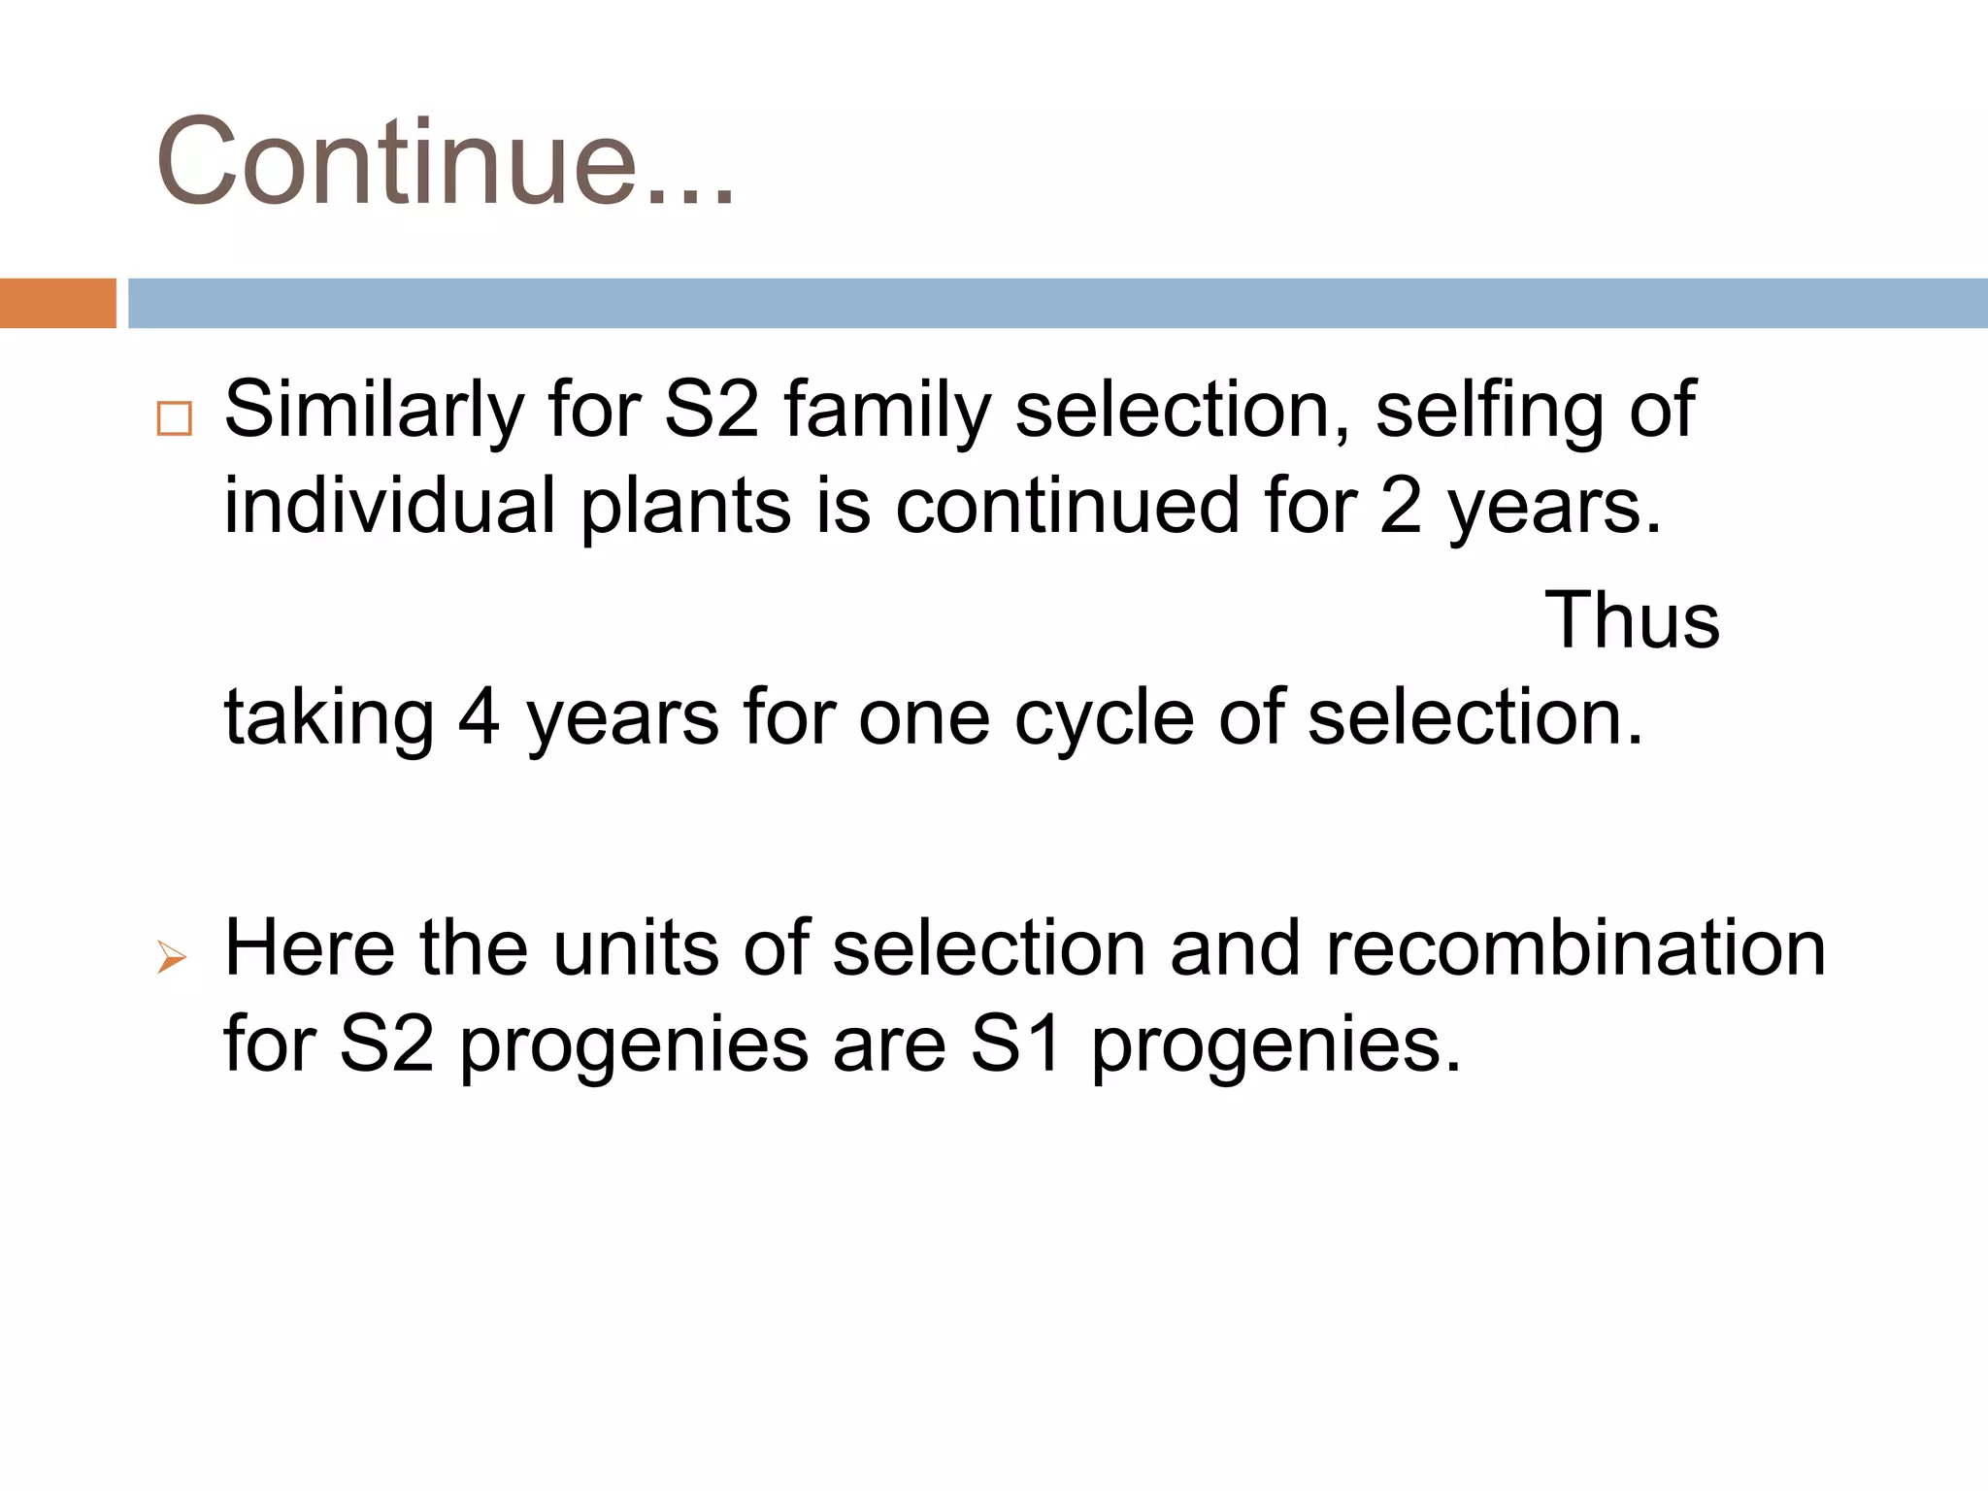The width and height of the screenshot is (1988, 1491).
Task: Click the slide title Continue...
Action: (x=445, y=161)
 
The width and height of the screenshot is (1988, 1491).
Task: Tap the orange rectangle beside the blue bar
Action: (x=57, y=303)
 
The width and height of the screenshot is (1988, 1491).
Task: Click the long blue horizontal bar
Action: (x=1056, y=303)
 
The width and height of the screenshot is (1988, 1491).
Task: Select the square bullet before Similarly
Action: (x=175, y=418)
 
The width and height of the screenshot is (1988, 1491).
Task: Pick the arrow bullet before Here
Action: (x=172, y=958)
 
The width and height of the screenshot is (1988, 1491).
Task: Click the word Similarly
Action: (x=374, y=410)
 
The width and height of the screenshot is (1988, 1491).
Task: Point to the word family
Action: (x=887, y=410)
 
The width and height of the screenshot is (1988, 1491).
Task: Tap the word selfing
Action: (x=1489, y=410)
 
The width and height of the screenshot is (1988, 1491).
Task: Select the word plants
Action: (x=685, y=506)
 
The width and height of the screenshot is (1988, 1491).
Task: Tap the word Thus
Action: (x=1631, y=620)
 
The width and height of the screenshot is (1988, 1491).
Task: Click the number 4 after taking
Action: (x=479, y=717)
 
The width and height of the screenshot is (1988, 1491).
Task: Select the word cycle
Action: (x=1104, y=717)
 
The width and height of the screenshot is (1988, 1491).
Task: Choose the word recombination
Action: (x=1574, y=948)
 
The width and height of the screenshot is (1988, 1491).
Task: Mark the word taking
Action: (x=329, y=717)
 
